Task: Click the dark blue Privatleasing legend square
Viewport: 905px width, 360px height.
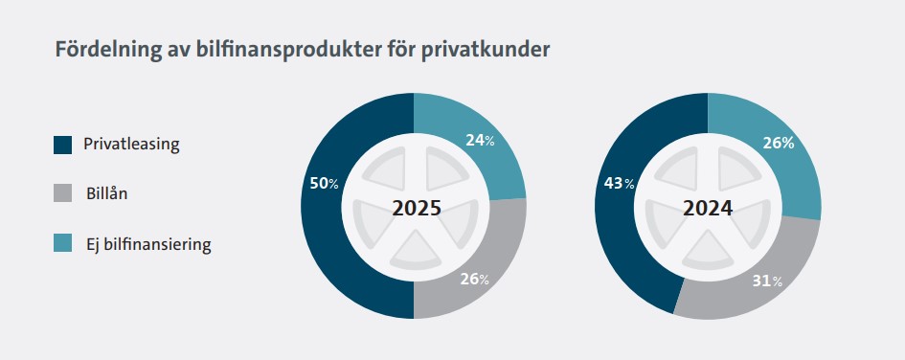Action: point(63,145)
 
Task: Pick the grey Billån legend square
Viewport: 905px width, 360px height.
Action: point(63,193)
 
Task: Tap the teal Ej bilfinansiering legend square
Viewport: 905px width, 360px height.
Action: point(63,243)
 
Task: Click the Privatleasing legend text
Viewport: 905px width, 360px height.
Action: point(131,145)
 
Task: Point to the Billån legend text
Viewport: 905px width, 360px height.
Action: point(106,193)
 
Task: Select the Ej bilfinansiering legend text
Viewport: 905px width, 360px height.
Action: point(148,244)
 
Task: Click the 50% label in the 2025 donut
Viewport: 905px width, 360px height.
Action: point(325,184)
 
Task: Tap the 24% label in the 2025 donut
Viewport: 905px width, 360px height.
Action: point(480,140)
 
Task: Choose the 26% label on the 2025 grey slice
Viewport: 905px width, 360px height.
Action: point(474,280)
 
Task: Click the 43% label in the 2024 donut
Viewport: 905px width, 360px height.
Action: point(620,184)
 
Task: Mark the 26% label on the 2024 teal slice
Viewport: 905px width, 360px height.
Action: point(778,143)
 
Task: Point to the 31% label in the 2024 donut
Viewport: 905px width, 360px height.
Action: point(768,281)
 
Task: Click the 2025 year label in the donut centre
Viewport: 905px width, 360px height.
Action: point(417,209)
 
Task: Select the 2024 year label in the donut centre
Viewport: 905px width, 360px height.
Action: point(708,209)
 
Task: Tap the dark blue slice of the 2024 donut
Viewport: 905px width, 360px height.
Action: point(617,231)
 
